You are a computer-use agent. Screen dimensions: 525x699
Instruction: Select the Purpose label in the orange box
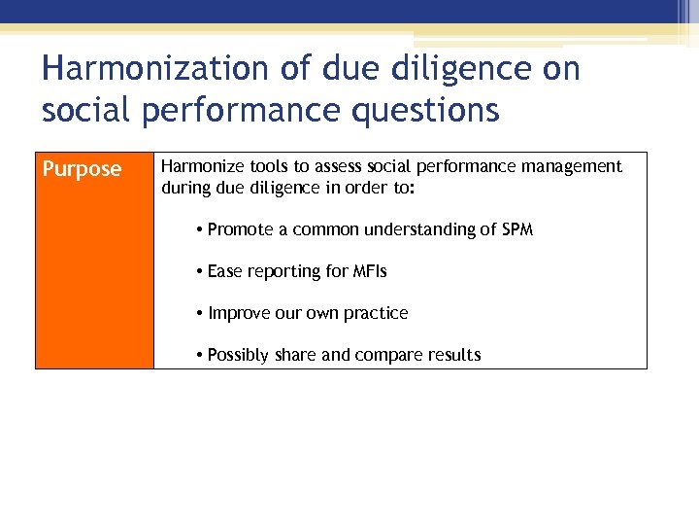pyautogui.click(x=82, y=169)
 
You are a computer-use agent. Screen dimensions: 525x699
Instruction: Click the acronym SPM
pyautogui.click(x=516, y=229)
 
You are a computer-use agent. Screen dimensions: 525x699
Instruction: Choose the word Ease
pyautogui.click(x=224, y=271)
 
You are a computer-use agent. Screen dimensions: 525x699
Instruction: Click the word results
pyautogui.click(x=452, y=355)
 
